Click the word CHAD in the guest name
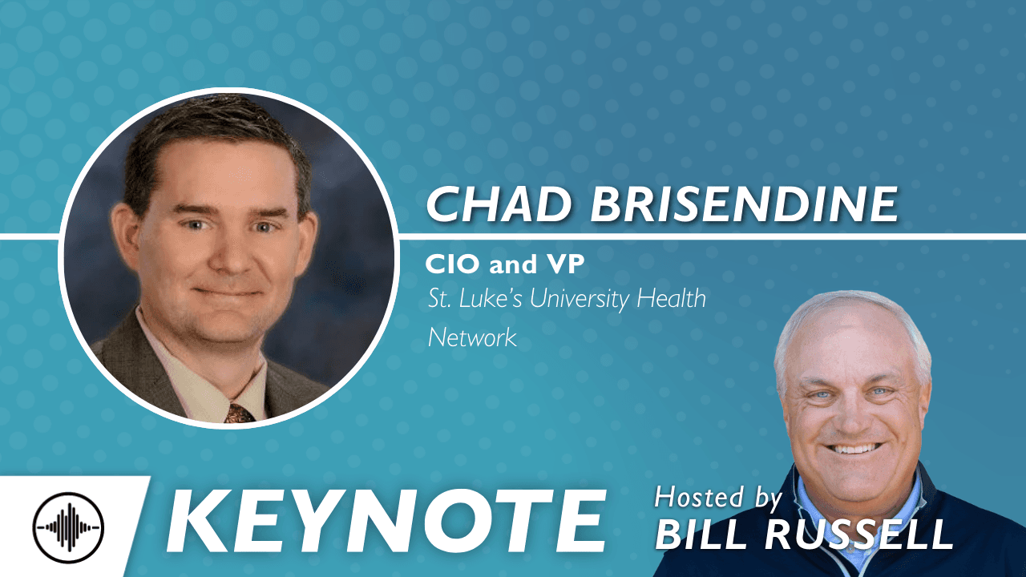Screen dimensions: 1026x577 pos(499,204)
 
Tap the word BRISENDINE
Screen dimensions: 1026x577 pos(745,204)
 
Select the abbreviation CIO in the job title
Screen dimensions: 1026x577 pos(454,264)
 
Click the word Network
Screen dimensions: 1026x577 pos(472,338)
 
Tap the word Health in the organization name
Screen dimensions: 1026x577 pos(672,299)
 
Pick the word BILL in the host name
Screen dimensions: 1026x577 pos(706,535)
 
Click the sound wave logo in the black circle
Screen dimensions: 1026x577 pos(69,528)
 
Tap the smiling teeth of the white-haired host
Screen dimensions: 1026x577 pos(854,448)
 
